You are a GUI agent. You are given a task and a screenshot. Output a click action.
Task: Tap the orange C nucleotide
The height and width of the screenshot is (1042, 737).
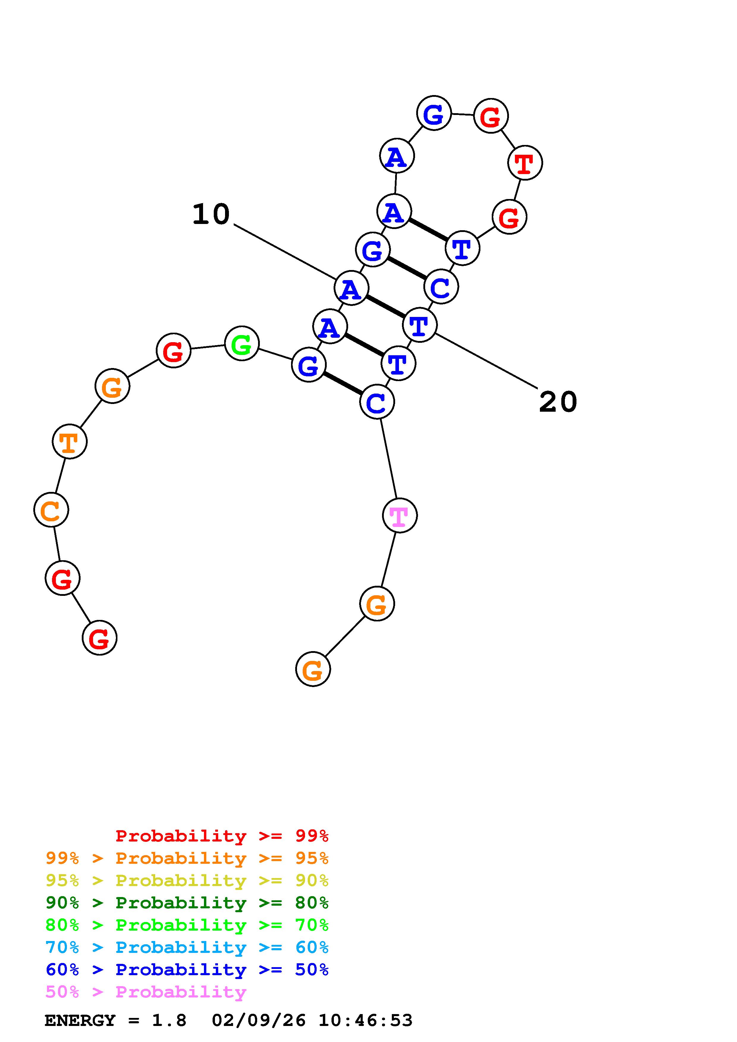[x=51, y=510]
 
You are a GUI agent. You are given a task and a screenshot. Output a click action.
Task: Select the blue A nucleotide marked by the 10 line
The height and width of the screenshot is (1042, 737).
[x=351, y=288]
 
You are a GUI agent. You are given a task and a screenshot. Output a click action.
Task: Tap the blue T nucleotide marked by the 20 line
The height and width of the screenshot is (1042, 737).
[x=419, y=325]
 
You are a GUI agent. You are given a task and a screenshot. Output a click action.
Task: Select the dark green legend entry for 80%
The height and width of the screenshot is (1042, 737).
[x=187, y=903]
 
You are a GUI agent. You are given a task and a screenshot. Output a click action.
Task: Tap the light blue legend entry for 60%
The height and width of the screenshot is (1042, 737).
[x=187, y=947]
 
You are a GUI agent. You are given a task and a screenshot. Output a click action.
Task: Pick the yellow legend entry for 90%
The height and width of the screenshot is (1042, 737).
[x=187, y=880]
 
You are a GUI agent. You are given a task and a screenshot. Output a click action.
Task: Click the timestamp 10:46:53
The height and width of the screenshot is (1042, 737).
[x=366, y=1020]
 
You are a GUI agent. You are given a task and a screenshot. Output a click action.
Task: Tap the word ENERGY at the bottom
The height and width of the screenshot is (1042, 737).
[x=80, y=1020]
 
